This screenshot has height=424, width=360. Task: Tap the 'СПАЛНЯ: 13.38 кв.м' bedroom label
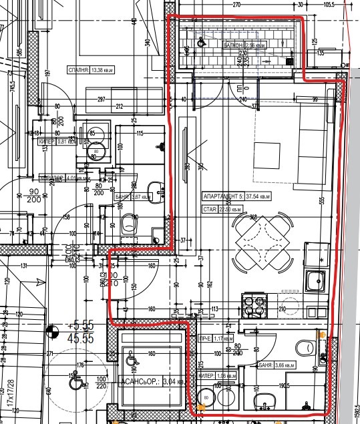[x=90, y=69]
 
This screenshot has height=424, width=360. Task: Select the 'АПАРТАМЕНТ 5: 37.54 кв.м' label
[x=237, y=197]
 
